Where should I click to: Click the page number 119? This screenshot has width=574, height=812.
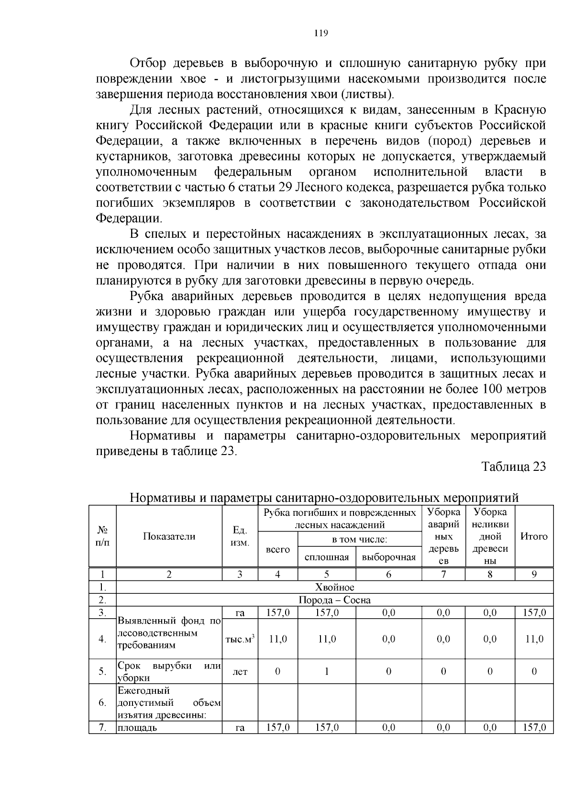tap(320, 33)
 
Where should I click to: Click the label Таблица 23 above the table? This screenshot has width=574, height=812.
tap(513, 467)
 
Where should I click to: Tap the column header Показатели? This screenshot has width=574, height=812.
tap(169, 536)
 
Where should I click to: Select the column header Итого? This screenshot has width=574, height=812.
tap(534, 536)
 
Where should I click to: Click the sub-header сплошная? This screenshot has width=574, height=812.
tap(327, 557)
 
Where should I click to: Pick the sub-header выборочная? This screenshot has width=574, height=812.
tap(388, 557)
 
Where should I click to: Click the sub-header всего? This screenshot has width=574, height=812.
tap(277, 549)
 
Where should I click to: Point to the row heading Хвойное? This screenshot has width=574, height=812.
tap(335, 587)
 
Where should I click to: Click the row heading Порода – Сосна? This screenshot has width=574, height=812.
tap(335, 600)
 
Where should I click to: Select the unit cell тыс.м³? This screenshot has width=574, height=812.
tap(240, 639)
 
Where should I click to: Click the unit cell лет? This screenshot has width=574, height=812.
tap(240, 672)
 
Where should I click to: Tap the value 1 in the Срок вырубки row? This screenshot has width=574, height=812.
tap(327, 671)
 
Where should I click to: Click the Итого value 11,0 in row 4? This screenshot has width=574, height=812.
tap(534, 639)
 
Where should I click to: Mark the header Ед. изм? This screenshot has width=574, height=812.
tap(240, 536)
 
